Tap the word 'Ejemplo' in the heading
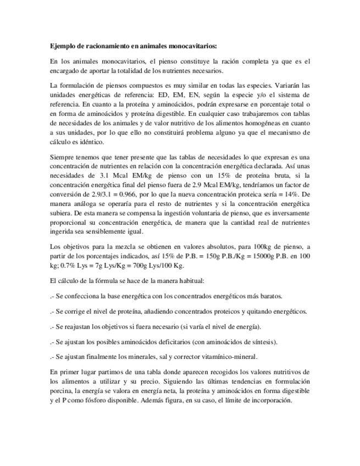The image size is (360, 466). coord(60,46)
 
